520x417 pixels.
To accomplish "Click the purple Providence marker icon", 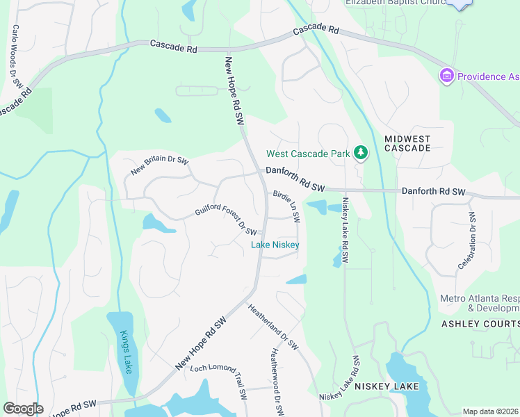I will [446, 75].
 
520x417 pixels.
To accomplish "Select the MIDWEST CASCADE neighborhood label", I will [407, 144].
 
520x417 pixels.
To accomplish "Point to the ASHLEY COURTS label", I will [480, 325].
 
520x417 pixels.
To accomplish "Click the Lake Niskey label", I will [275, 245].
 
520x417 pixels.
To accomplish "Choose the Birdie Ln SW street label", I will [286, 206].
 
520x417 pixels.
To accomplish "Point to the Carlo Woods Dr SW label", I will [17, 56].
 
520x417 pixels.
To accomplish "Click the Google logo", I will [23, 409].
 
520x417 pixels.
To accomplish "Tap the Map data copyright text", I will [490, 411].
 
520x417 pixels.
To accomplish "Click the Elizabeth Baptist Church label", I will [395, 3].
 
